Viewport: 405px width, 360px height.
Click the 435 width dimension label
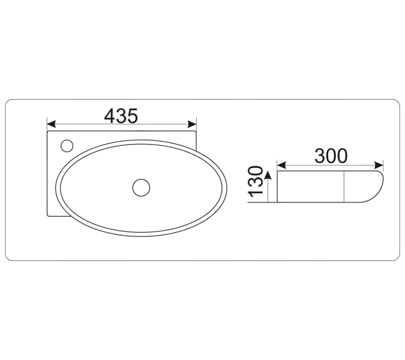tap(121, 116)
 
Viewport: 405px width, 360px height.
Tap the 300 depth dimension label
tap(331, 156)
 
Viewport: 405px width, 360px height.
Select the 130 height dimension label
tap(255, 182)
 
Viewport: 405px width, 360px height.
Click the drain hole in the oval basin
tap(141, 188)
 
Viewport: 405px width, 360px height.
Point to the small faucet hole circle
tap(67, 146)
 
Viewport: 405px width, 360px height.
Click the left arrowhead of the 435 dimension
tap(51, 124)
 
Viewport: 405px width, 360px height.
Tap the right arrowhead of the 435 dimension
tap(192, 124)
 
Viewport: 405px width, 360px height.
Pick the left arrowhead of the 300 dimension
tap(281, 165)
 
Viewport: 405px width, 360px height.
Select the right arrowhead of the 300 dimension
tap(379, 165)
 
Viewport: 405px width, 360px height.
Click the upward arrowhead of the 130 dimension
tap(268, 175)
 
